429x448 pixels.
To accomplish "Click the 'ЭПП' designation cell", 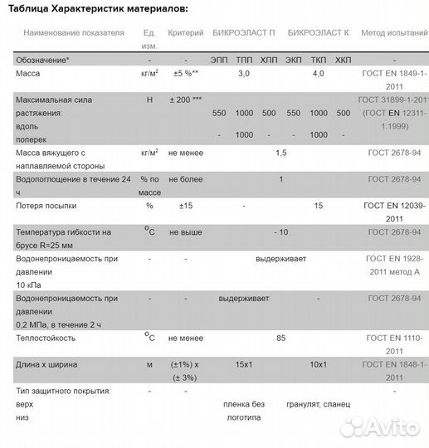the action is [x=219, y=60].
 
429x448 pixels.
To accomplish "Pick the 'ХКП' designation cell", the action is [x=344, y=60].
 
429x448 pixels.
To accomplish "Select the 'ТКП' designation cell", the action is [x=319, y=60].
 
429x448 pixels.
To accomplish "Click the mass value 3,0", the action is [x=244, y=75].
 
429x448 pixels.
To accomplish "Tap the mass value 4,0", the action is [x=319, y=75].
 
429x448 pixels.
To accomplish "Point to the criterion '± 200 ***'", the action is [x=185, y=100].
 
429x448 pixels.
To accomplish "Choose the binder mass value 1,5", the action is [x=280, y=153].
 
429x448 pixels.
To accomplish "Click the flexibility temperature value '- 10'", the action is [x=281, y=231].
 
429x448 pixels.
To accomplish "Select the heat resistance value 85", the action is [x=280, y=338].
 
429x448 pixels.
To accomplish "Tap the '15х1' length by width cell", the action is [x=244, y=364].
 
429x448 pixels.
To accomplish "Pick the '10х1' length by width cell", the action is [x=319, y=364].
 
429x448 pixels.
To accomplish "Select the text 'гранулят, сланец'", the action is [x=319, y=404].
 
